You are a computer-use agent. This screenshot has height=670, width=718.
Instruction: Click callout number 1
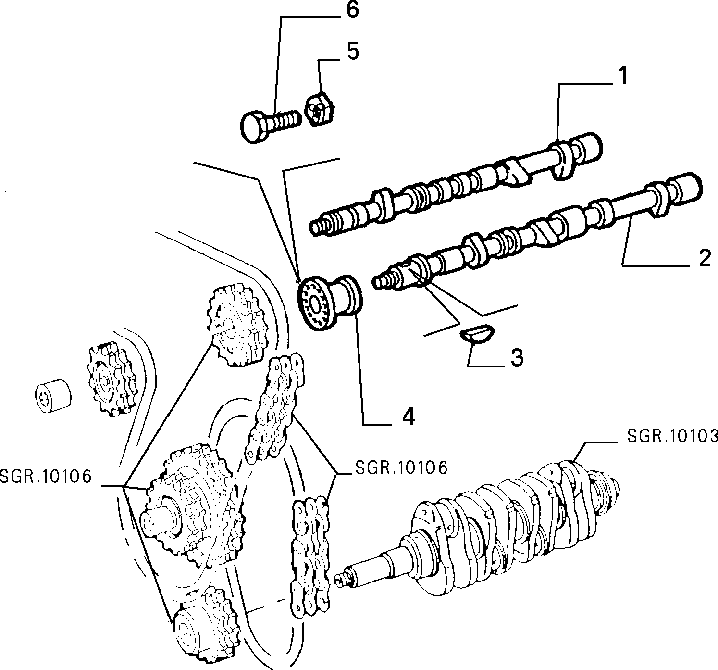(622, 76)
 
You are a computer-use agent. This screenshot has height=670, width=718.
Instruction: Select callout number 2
(705, 258)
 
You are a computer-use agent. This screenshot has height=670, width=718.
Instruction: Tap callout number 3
(517, 358)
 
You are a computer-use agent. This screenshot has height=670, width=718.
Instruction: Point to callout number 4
(408, 417)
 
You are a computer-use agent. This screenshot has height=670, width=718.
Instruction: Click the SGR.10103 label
(672, 436)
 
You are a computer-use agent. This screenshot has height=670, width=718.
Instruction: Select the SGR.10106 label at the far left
(46, 477)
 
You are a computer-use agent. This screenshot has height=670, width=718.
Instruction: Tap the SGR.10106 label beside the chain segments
(402, 468)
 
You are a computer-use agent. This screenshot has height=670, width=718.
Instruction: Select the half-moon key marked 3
(477, 332)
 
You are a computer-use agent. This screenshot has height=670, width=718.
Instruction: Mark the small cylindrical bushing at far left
(53, 396)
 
